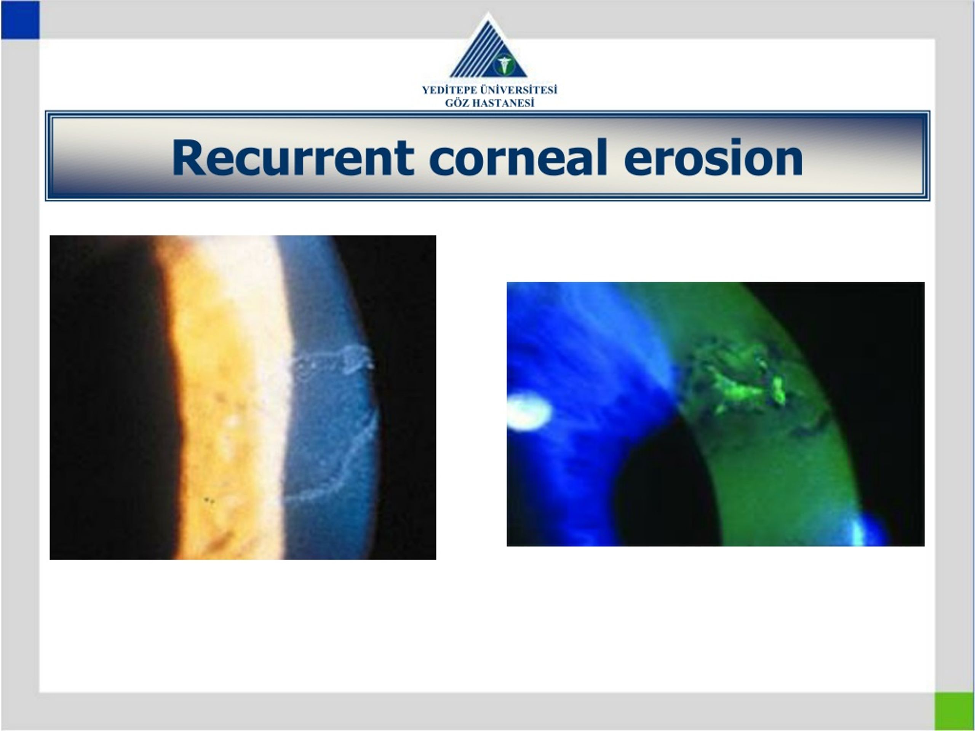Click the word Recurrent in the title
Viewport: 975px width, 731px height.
292,158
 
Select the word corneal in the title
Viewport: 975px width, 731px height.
518,157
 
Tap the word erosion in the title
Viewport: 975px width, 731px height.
713,157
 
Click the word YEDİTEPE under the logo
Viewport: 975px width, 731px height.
449,90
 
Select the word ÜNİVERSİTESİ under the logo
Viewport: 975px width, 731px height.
518,90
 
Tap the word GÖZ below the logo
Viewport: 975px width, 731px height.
456,103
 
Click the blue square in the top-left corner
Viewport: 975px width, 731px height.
20,20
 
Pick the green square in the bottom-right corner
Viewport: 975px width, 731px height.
954,711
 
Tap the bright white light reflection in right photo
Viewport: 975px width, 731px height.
528,412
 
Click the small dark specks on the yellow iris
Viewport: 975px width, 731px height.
208,500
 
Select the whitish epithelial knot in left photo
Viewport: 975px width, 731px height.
357,359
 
